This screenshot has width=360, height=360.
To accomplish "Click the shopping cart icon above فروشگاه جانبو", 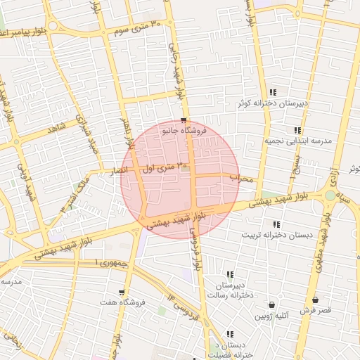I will (184, 120).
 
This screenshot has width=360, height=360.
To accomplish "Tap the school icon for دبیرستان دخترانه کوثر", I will (273, 92).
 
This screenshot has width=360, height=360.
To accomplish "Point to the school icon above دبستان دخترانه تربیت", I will (276, 224).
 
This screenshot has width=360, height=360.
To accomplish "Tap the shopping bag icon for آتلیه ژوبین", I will (271, 304).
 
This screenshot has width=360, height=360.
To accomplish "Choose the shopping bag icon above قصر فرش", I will (315, 300).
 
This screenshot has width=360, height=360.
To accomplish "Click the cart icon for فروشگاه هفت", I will (122, 292).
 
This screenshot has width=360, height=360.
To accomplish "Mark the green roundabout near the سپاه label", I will (330, 195).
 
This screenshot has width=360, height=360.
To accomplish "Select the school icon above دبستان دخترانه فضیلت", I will (229, 334).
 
